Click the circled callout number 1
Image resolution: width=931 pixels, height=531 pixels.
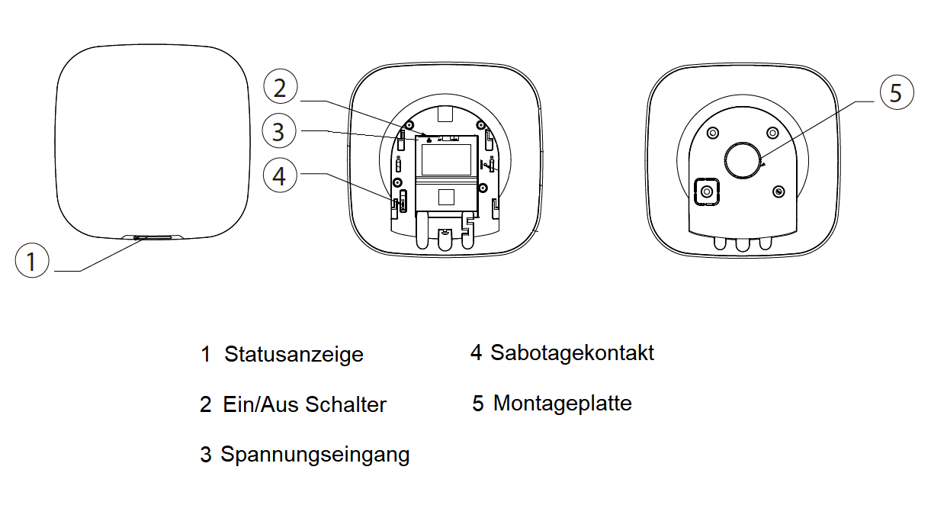[x=32, y=262]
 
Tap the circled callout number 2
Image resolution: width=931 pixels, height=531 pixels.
[x=280, y=88]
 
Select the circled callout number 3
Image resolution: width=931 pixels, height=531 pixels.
[x=278, y=131]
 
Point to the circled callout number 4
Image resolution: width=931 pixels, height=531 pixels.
[x=280, y=175]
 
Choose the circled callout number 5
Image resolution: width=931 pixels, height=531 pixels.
[x=896, y=93]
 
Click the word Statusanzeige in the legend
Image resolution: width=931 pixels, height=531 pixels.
[x=294, y=355]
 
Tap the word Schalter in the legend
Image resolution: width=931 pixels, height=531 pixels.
[x=346, y=404]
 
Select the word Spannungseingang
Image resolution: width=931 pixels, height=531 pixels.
[x=315, y=455]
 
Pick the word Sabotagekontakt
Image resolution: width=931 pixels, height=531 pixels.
[x=572, y=352]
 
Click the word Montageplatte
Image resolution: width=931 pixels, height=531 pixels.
[x=562, y=403]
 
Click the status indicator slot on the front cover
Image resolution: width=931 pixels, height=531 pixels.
[x=153, y=237]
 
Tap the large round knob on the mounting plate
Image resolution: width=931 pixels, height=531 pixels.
[x=743, y=159]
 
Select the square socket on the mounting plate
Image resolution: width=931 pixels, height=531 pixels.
[x=707, y=191]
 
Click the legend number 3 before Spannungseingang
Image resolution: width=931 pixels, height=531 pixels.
[x=205, y=455]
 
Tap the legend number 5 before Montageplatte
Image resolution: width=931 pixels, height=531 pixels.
[x=477, y=404]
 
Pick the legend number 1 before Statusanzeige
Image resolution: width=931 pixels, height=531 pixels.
[x=205, y=355]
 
